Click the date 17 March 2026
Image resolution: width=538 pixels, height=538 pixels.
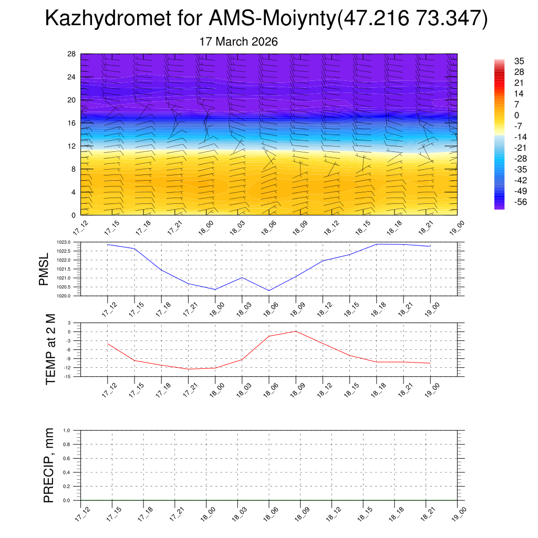coord(239,42)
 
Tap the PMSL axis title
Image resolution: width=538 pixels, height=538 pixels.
coord(44,269)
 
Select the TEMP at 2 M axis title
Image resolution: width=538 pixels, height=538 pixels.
coord(50,349)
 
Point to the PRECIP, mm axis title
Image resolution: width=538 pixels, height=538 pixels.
coord(49,465)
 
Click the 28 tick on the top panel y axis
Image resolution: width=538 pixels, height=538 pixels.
coord(71,54)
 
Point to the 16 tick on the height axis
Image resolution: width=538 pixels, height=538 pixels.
coord(71,123)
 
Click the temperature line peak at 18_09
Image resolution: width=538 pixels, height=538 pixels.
coord(296,331)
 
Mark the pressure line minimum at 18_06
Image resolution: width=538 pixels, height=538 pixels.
coord(269,291)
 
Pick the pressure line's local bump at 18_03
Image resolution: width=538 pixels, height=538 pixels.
coord(242,277)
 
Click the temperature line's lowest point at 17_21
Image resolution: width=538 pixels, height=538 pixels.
coord(188,369)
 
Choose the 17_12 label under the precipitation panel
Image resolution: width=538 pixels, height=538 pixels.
coord(81,514)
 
